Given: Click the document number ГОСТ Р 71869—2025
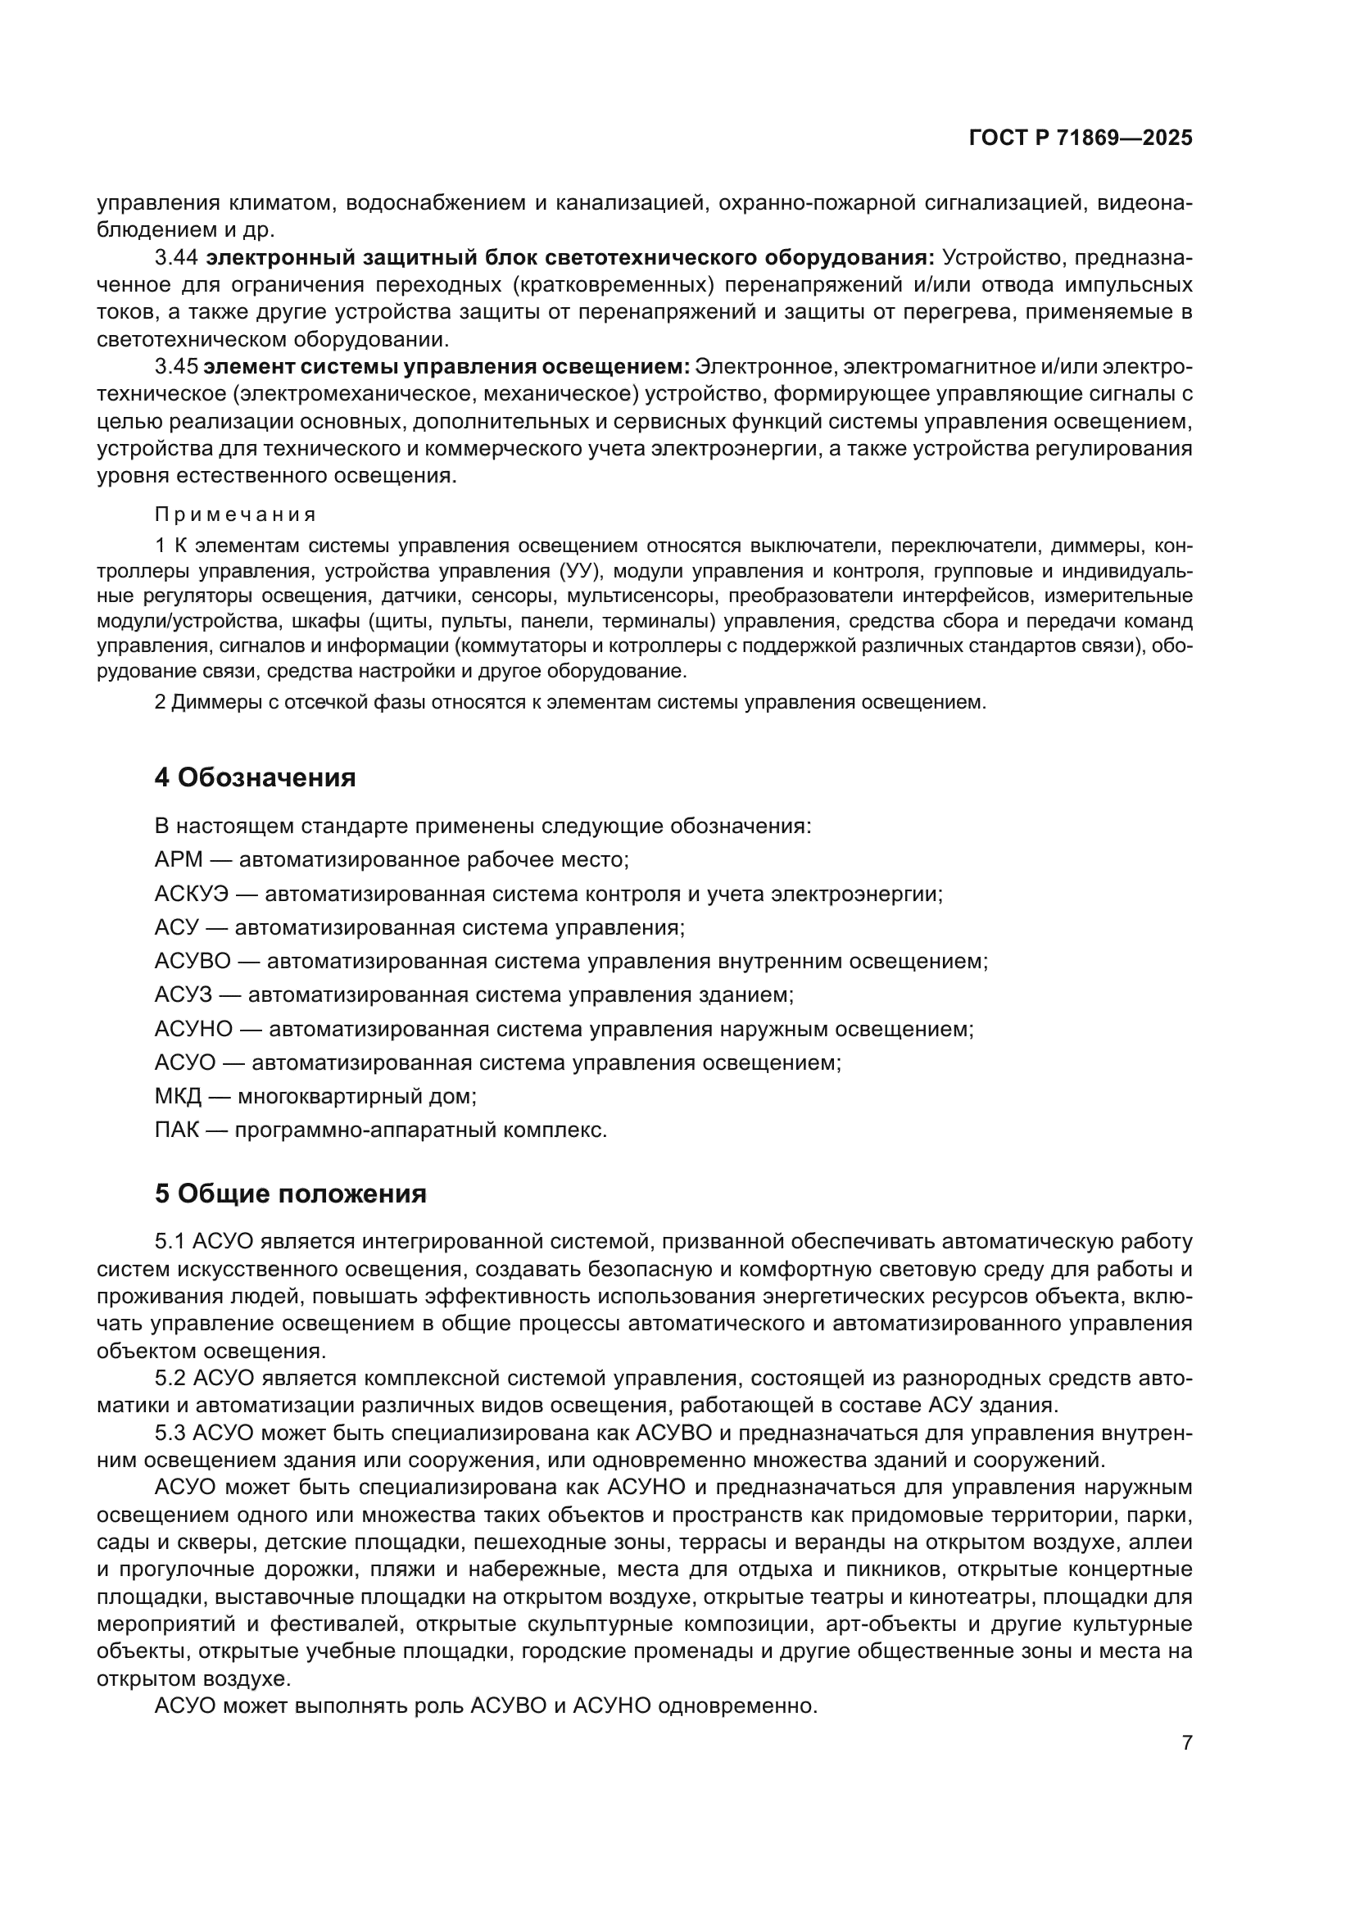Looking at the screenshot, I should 1081,138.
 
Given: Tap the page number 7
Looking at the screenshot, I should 1187,1742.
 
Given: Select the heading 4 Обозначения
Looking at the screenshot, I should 255,777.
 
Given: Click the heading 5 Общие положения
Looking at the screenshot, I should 290,1194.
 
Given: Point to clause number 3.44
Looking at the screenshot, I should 176,257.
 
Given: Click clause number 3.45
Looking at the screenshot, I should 176,366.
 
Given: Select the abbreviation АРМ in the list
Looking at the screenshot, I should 179,859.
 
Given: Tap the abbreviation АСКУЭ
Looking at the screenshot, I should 191,894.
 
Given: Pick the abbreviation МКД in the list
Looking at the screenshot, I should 178,1096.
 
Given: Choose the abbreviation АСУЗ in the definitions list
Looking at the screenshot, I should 184,994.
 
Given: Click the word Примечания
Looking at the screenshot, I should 235,514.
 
